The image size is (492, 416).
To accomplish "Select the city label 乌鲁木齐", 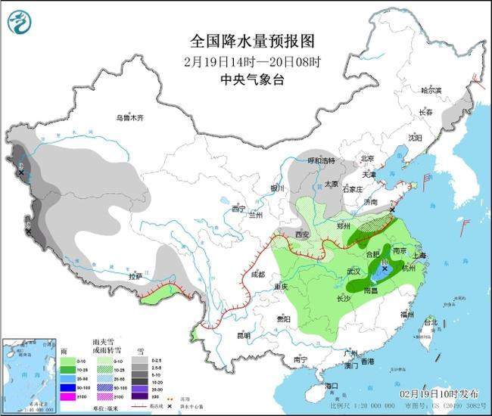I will coord(129,118).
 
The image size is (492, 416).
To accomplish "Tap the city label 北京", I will coord(368,159).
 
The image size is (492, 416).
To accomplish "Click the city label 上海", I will coord(420,256).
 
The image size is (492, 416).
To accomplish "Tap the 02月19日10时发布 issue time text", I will coord(439,394).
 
